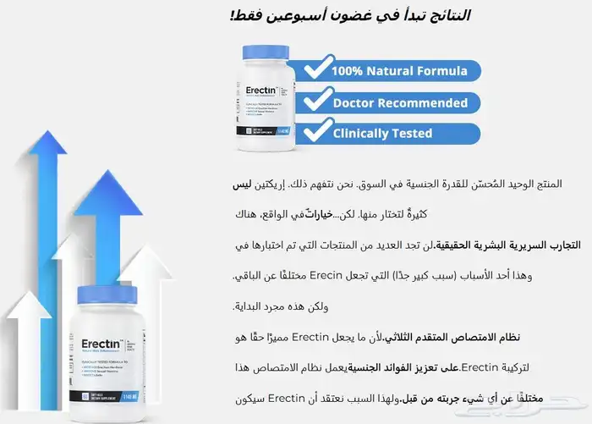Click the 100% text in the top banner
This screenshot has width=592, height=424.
[348, 72]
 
